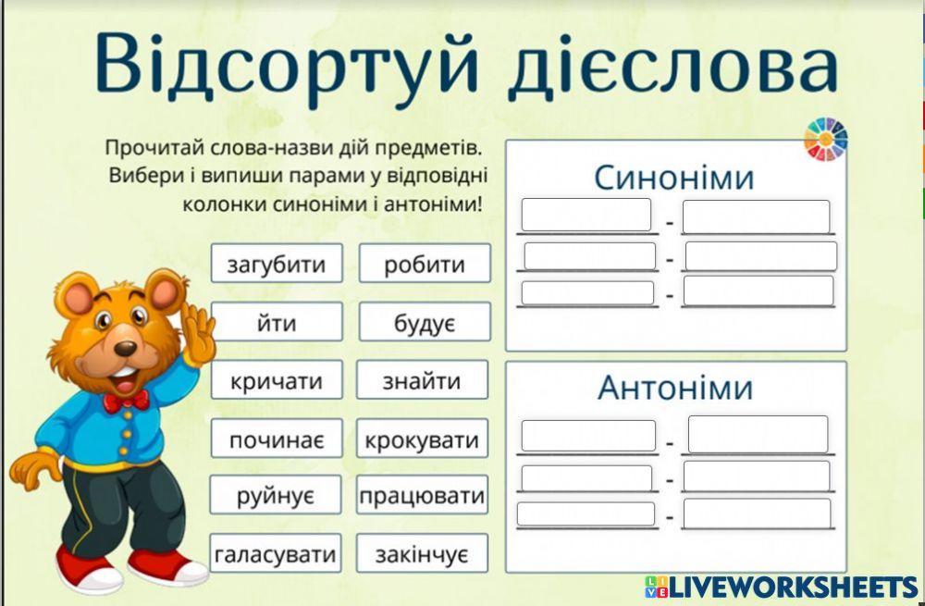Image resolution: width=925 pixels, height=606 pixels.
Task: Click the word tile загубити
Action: click(x=277, y=264)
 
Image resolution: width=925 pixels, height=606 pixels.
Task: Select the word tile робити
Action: click(x=425, y=264)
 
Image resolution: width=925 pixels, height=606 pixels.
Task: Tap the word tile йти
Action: click(x=277, y=322)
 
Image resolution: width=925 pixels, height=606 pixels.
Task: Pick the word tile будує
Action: click(x=425, y=322)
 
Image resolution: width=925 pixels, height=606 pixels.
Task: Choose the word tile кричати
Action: click(x=277, y=380)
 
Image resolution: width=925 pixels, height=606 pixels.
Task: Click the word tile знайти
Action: click(x=423, y=380)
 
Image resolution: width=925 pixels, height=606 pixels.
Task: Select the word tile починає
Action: click(x=277, y=439)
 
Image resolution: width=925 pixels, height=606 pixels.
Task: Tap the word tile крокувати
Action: click(x=423, y=439)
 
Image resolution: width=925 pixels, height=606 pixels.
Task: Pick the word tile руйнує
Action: click(x=276, y=496)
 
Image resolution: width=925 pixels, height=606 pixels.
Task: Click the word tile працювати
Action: click(x=423, y=496)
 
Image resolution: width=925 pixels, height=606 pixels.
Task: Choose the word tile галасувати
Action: click(x=276, y=554)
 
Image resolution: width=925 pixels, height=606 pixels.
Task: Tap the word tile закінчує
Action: click(x=423, y=554)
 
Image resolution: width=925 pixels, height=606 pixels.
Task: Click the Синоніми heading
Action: click(x=674, y=177)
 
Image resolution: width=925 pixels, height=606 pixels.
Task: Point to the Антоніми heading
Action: click(x=675, y=387)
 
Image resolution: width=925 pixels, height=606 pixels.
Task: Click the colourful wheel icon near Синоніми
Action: click(x=825, y=140)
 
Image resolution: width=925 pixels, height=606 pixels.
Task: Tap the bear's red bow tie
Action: click(x=125, y=402)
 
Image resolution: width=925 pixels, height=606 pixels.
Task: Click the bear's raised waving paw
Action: click(x=196, y=323)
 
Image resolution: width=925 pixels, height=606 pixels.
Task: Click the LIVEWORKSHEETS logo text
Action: click(x=791, y=586)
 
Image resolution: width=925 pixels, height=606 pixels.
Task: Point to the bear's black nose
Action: click(x=125, y=349)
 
